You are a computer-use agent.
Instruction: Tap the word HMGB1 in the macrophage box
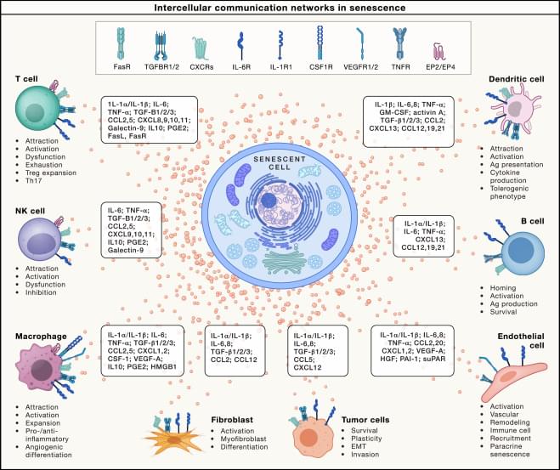coord(167,370)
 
